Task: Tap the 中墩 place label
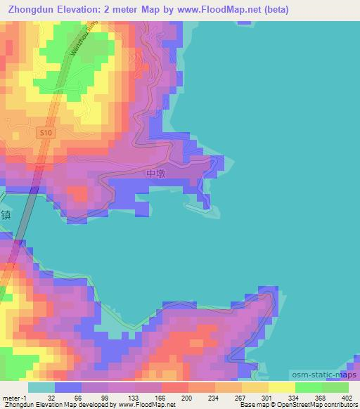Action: tap(156, 173)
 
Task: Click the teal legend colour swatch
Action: tap(41, 387)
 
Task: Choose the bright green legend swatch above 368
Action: tap(308, 387)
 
